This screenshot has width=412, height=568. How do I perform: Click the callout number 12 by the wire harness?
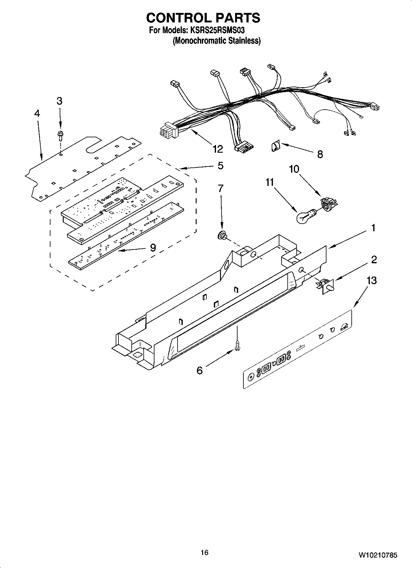217,149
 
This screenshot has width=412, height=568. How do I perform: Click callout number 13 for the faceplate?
372,280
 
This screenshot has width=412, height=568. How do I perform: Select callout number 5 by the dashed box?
220,166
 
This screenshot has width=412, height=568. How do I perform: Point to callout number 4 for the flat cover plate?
37,113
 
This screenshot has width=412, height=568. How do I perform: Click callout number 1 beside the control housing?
373,228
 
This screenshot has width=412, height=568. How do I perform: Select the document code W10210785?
378,555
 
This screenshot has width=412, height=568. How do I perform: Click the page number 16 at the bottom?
204,553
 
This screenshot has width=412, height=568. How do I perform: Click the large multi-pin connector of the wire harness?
167,131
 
